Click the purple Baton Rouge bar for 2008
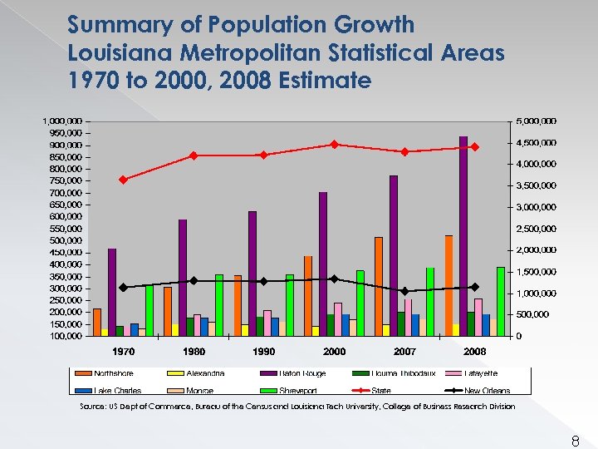click(x=463, y=237)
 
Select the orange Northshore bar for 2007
click(x=379, y=287)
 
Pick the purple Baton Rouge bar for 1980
click(x=183, y=278)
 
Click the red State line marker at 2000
click(x=334, y=144)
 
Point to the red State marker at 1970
click(x=123, y=180)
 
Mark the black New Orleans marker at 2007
click(x=404, y=291)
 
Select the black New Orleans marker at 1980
click(x=194, y=280)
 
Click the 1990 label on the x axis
click(x=263, y=352)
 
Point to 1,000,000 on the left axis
click(x=63, y=121)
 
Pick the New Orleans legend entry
click(x=487, y=390)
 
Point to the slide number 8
click(x=575, y=442)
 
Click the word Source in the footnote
click(x=92, y=407)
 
